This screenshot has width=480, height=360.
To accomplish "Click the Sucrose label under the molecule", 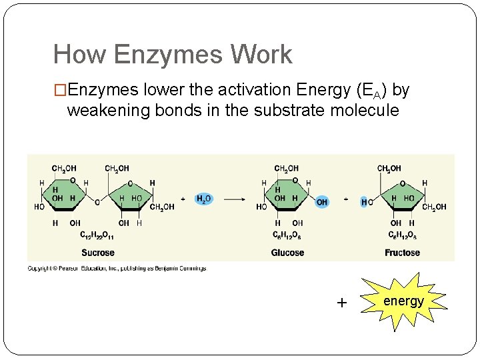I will [x=98, y=253].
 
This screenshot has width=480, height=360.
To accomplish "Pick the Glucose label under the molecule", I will [x=287, y=253].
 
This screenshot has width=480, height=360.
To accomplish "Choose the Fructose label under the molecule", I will [x=402, y=253].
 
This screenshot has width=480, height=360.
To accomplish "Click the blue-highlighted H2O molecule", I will [x=203, y=199].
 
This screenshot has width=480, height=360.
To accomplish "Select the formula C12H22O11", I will [x=97, y=235].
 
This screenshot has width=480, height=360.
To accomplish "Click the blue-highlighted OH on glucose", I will [x=321, y=202].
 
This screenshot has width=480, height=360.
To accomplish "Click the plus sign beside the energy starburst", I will [x=342, y=303].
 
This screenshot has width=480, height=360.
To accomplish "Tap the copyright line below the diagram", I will [x=117, y=268].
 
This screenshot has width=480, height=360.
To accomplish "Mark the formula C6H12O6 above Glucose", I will [x=287, y=235].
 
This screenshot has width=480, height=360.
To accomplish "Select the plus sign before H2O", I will [x=183, y=199].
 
